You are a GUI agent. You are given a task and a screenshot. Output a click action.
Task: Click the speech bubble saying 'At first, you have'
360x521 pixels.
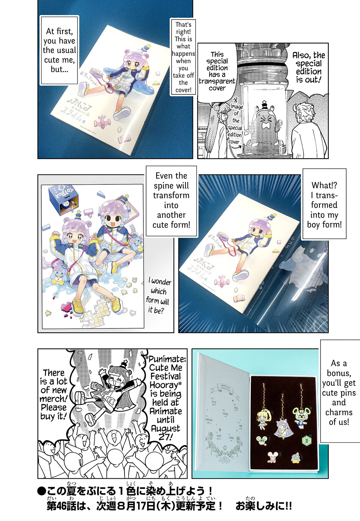(59, 50)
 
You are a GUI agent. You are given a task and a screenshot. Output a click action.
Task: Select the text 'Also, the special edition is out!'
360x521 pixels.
(309, 67)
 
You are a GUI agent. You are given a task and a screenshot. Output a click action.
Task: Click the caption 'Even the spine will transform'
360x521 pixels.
(171, 200)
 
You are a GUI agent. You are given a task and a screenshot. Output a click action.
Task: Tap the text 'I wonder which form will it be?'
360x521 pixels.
(158, 296)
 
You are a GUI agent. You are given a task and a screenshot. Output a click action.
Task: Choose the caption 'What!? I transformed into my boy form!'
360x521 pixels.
(324, 205)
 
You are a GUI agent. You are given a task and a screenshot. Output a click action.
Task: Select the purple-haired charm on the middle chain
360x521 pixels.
(282, 428)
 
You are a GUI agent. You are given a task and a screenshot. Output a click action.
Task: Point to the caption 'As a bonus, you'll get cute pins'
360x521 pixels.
(339, 393)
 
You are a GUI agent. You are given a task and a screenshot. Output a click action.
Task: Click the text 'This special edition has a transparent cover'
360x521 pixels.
(217, 71)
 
